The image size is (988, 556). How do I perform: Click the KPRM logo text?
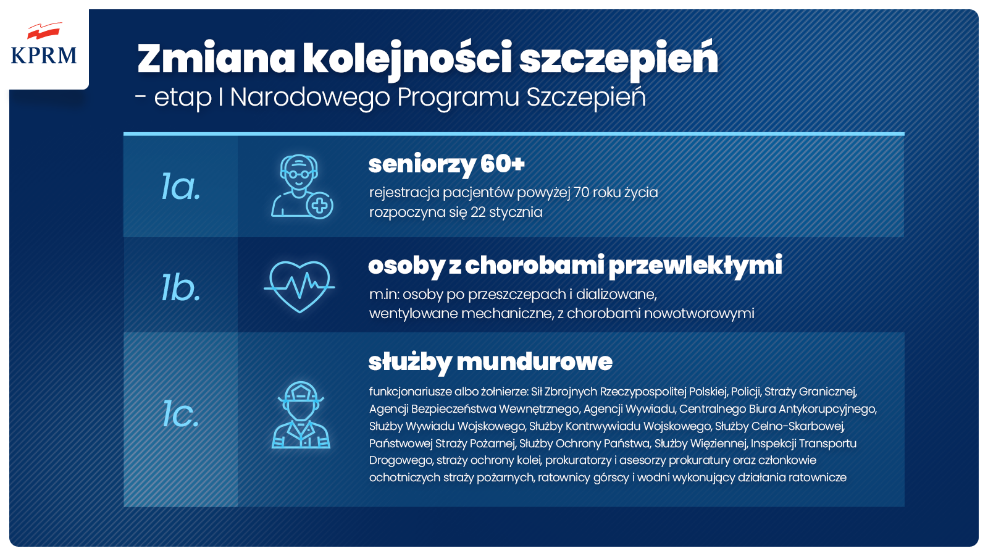tap(44, 55)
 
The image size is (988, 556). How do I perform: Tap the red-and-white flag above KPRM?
tap(43, 30)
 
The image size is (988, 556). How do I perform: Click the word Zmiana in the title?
tap(216, 58)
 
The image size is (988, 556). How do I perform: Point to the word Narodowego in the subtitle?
tap(310, 97)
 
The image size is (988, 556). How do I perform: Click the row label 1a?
tap(181, 187)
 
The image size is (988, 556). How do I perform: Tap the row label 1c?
tap(181, 414)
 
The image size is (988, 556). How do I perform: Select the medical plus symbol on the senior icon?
tap(320, 205)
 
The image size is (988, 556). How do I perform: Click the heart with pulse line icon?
tap(299, 287)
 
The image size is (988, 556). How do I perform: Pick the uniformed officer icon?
tap(301, 415)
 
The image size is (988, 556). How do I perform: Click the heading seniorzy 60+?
tap(446, 164)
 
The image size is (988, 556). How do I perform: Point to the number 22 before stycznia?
tap(478, 213)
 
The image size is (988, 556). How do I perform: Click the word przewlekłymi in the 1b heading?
tap(695, 266)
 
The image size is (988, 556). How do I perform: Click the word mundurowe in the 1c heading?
tap(534, 362)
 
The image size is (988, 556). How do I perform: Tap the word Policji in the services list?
tap(745, 392)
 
